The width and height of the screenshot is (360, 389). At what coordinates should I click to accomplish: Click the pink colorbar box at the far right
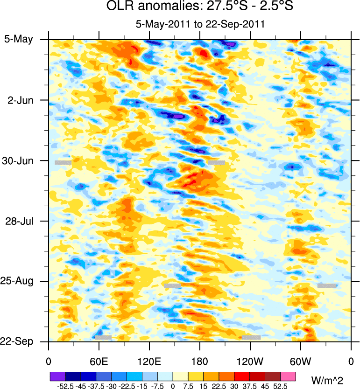289,376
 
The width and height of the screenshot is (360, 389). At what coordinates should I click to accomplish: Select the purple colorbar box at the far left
57,376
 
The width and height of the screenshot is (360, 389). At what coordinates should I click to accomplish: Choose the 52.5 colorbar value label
281,385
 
